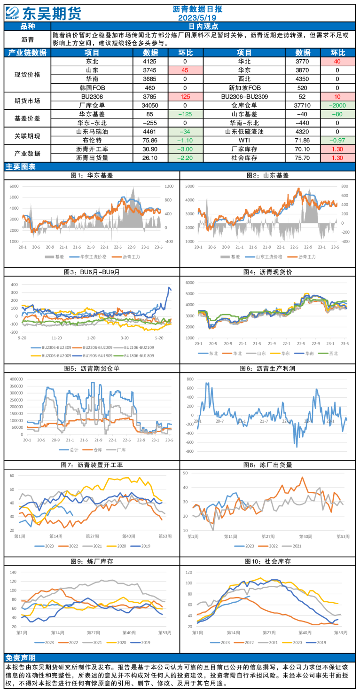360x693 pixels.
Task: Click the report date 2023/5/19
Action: [197, 17]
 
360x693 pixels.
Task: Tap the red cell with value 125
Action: [185, 96]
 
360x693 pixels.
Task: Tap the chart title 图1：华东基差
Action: [92, 175]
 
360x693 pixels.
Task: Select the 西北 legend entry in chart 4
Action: [330, 353]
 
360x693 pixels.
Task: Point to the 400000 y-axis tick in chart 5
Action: [16, 378]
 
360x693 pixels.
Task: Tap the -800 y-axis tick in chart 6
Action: [189, 451]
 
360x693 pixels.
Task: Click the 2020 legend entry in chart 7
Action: [117, 546]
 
